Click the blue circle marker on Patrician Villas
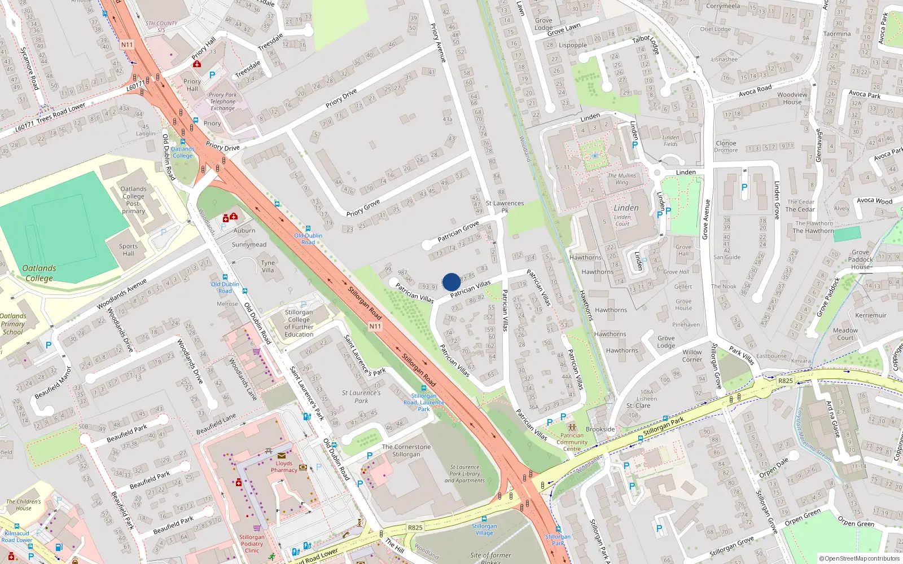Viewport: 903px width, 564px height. click(451, 282)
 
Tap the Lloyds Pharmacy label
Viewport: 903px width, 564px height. click(284, 466)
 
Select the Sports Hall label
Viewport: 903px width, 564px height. click(128, 250)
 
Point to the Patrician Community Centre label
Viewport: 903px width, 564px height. click(572, 442)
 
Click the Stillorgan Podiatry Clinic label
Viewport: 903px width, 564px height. click(252, 544)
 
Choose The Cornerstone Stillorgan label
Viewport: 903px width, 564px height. click(406, 451)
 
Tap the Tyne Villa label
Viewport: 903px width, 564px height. click(268, 266)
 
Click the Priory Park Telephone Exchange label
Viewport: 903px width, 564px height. click(223, 102)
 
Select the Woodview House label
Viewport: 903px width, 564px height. click(792, 98)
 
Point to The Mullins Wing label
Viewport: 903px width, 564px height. click(621, 179)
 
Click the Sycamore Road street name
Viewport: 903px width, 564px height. click(29, 68)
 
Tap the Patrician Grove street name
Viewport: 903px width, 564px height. click(458, 231)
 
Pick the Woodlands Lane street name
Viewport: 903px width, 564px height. click(243, 379)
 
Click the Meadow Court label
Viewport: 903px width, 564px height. click(845, 334)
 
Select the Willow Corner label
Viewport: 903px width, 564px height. click(692, 355)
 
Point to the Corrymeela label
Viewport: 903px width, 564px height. click(723, 6)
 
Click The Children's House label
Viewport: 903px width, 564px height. click(24, 505)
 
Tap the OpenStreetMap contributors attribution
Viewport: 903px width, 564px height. click(860, 558)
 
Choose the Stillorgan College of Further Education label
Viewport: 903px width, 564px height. click(299, 323)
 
